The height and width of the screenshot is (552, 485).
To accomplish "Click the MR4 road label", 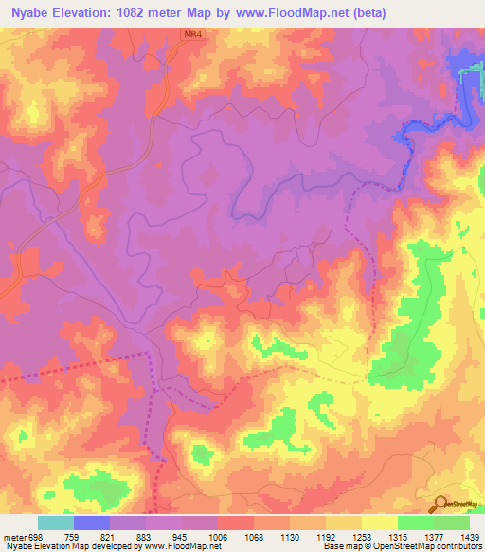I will (192, 34).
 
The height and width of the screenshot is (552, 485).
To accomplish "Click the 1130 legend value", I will (289, 535).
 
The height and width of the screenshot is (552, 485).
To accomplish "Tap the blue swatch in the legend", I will (92, 523).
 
